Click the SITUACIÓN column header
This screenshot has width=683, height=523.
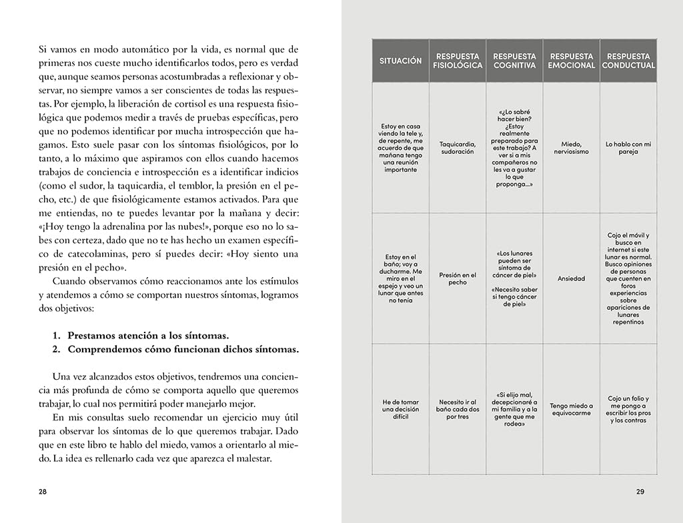[x=400, y=61]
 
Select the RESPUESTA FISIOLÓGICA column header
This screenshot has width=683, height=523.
[x=458, y=61]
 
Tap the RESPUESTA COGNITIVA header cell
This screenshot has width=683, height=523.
[x=514, y=61]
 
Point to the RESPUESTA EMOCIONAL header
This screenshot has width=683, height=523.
[x=571, y=61]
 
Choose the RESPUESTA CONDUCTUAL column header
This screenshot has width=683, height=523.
[x=628, y=61]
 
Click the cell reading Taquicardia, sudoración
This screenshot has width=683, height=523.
[x=458, y=147]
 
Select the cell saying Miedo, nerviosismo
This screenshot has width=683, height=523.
[x=571, y=147]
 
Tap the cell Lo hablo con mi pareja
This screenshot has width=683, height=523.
[x=628, y=147]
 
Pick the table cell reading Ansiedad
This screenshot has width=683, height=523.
[x=571, y=278]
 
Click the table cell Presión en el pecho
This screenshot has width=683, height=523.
[x=458, y=278]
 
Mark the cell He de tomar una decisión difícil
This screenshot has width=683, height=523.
[x=400, y=409]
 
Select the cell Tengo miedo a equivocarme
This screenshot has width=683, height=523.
[x=571, y=409]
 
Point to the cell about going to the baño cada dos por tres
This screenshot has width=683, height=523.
[x=458, y=409]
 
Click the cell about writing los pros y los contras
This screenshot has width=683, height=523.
[x=628, y=409]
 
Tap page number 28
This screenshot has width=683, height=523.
[x=43, y=492]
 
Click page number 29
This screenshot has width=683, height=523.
[x=640, y=492]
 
